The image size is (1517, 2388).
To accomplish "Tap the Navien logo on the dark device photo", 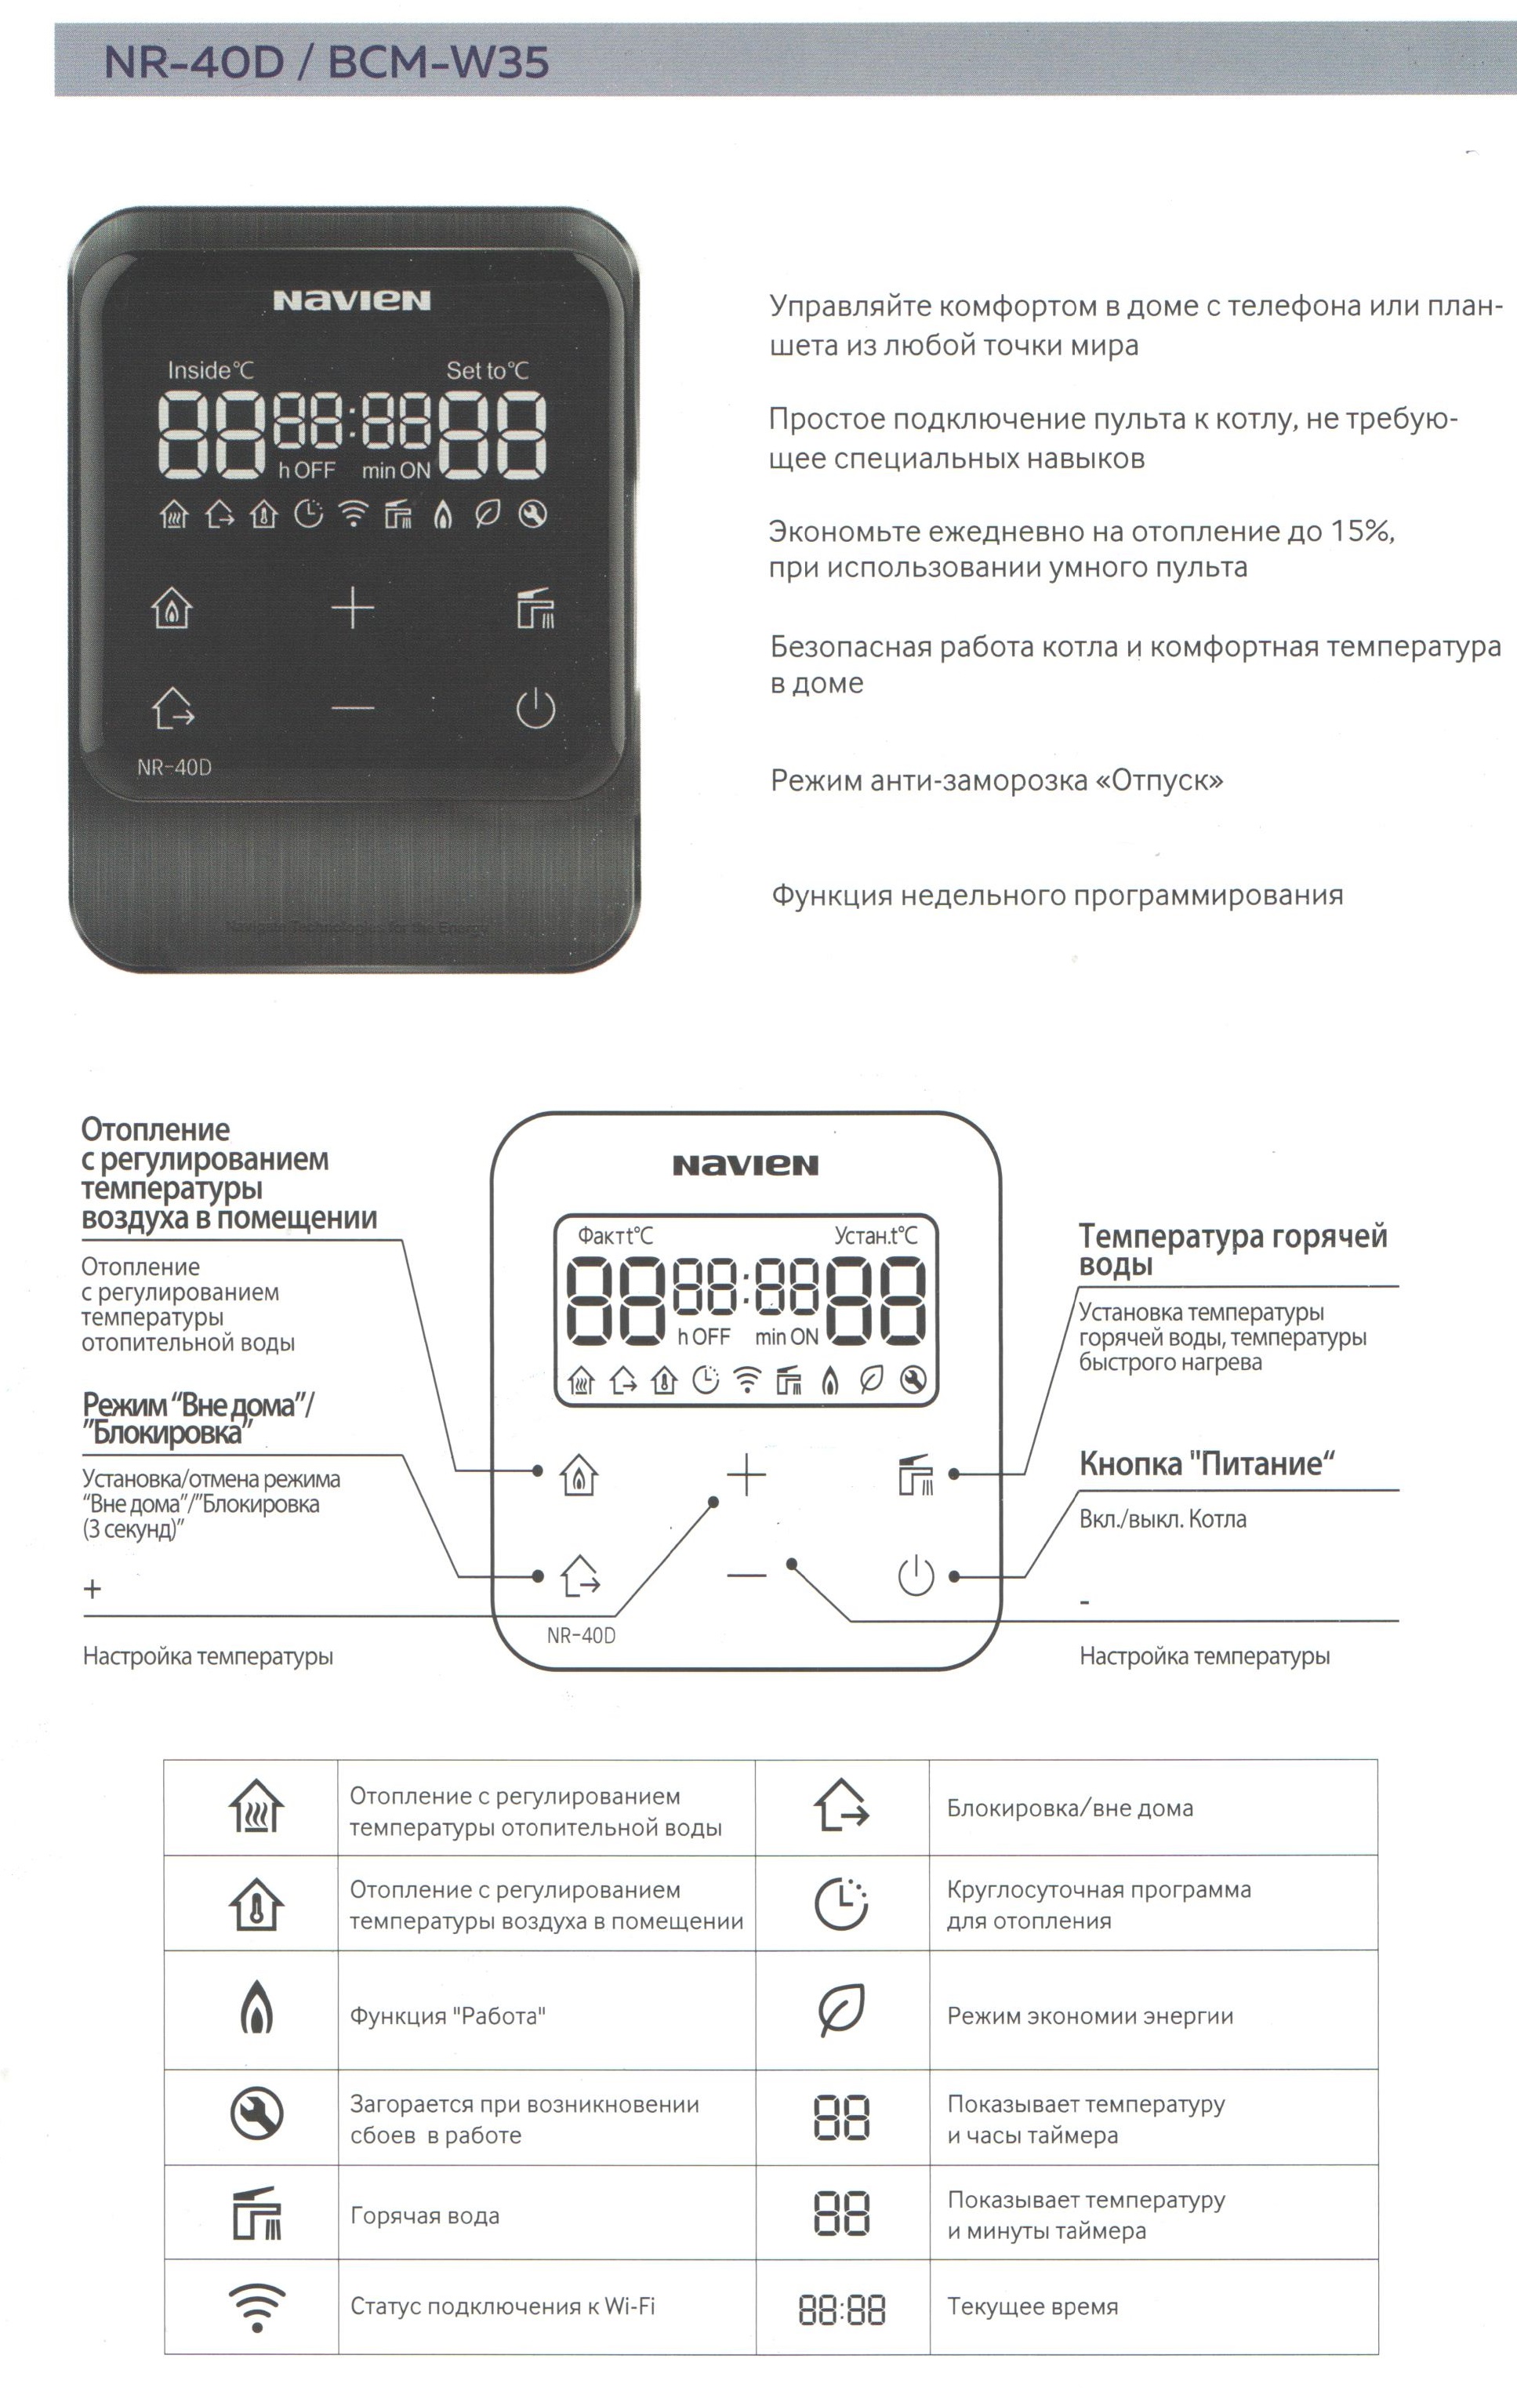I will pos(352,300).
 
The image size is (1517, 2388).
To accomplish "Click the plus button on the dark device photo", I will pos(353,607).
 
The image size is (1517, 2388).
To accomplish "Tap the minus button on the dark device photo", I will pos(353,708).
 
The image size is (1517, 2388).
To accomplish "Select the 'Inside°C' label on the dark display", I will pos(210,371).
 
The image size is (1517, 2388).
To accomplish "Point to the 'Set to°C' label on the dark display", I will pos(487,371).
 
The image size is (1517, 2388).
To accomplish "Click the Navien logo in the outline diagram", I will pos(746,1165).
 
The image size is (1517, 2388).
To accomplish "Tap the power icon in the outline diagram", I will pos(915,1576).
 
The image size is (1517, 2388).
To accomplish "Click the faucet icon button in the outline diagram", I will pos(915,1474).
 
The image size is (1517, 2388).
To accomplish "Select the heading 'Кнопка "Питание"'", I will pos(1206,1463).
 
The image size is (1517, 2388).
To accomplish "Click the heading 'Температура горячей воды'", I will pos(1232,1249).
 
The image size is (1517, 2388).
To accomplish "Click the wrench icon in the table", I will pos(257,2115).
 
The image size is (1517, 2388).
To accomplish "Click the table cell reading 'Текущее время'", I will pos(1033,2306).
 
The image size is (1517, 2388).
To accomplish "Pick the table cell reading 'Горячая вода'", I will pos(424,2215).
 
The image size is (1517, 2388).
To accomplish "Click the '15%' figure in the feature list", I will pos(1361,532).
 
